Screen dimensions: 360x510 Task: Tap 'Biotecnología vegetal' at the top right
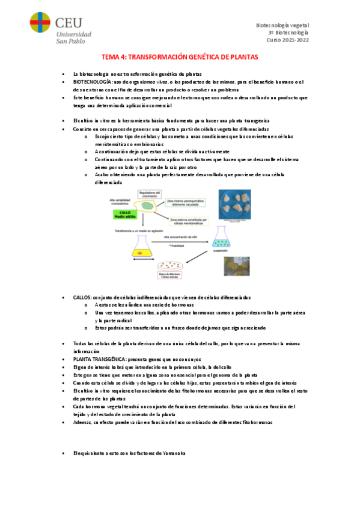click(282, 25)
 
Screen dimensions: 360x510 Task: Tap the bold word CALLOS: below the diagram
click(82, 297)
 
